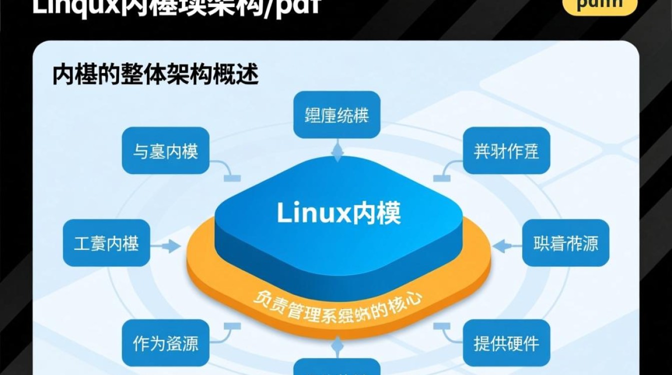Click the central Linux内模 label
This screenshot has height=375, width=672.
(x=338, y=214)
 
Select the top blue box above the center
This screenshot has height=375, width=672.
(x=336, y=114)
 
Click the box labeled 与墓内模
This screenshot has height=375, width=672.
(x=165, y=150)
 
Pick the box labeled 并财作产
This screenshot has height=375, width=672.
(x=506, y=150)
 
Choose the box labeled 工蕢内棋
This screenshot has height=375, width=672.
(x=106, y=243)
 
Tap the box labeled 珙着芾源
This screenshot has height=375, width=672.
(x=565, y=243)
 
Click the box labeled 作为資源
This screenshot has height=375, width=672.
(x=165, y=343)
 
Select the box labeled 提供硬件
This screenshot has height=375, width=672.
(x=506, y=343)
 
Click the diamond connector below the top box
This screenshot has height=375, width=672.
(x=338, y=150)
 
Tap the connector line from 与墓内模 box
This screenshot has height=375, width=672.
(x=225, y=170)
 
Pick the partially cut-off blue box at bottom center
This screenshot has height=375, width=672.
(x=336, y=367)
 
